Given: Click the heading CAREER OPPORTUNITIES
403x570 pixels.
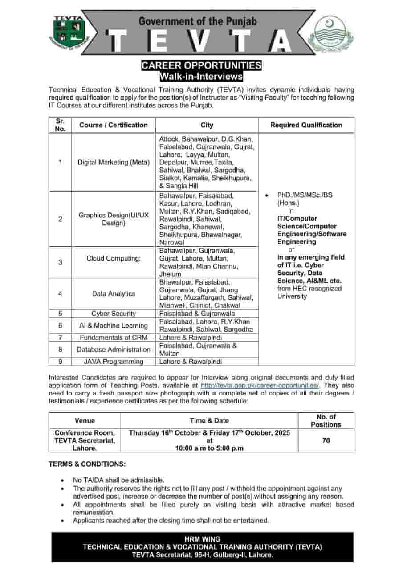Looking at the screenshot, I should [x=201, y=65].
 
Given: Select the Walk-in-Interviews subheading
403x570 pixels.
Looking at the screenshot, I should [x=201, y=77].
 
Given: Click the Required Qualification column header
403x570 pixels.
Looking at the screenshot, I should [x=306, y=125].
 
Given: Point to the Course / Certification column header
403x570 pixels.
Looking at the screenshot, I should [x=113, y=125].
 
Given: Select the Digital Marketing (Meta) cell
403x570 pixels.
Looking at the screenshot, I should [x=114, y=162].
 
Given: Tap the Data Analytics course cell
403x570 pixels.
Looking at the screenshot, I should [x=114, y=293].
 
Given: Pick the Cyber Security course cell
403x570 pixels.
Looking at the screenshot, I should [x=114, y=313].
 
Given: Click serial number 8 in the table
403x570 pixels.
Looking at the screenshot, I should [x=60, y=350].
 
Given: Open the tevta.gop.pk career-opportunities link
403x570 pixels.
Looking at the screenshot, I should [x=261, y=385].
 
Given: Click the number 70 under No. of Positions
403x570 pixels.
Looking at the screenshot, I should [x=326, y=440].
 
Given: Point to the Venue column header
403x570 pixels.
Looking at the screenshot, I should [x=85, y=420].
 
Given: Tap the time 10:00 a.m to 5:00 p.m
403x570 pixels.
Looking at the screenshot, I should [x=209, y=448].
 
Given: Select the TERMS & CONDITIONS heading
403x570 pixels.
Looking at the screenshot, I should [x=87, y=464].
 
